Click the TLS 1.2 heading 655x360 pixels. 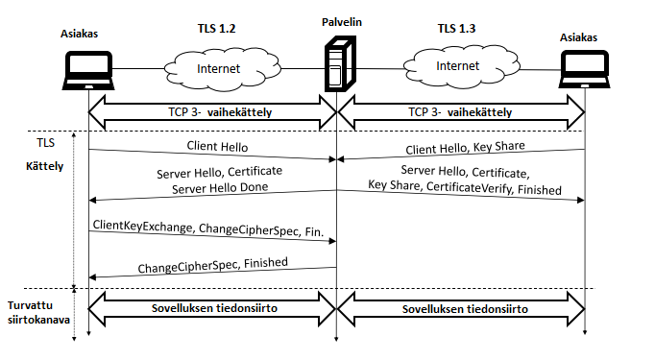[x=216, y=29]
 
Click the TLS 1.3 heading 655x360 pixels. [x=456, y=29]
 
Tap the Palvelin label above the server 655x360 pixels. [x=342, y=22]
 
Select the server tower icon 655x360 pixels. [x=340, y=63]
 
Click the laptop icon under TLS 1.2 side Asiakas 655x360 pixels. [x=88, y=70]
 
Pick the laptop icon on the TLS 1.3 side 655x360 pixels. [x=584, y=69]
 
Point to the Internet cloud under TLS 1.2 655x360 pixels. [x=222, y=69]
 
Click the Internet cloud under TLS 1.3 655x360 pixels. [x=462, y=66]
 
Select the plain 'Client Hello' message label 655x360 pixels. [x=217, y=146]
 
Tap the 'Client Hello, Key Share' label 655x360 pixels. [x=466, y=148]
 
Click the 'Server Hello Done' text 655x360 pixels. [x=220, y=188]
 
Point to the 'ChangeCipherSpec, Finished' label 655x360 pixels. [x=213, y=265]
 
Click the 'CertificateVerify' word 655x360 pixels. [x=469, y=187]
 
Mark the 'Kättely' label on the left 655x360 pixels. [x=45, y=166]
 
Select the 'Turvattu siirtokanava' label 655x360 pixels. [x=38, y=313]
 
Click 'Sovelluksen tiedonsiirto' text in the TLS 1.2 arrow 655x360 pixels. [x=214, y=308]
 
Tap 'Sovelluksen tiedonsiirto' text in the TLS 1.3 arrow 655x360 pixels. [x=465, y=309]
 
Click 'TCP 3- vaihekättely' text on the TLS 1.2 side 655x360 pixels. [x=220, y=112]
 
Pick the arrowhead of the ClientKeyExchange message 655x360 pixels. [x=333, y=241]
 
